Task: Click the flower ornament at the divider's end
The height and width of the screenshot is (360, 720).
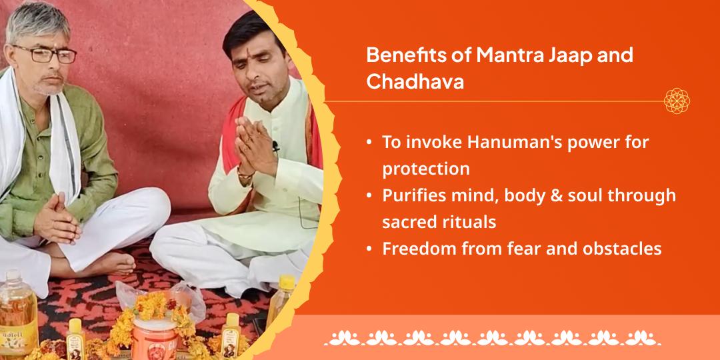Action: (677, 101)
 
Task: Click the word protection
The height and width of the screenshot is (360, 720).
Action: (425, 169)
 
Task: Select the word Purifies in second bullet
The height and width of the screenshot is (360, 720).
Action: (415, 195)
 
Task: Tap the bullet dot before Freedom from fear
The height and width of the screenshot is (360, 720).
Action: (369, 249)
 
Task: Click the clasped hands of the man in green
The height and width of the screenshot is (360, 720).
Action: (59, 222)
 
